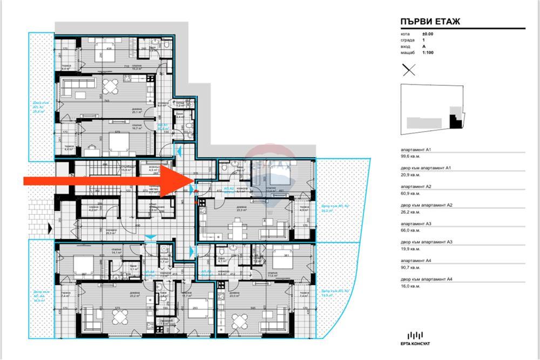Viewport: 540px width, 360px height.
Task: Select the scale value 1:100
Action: pos(428,52)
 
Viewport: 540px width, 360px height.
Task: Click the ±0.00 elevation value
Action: pos(428,34)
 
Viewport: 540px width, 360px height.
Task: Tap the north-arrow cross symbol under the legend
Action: pos(409,70)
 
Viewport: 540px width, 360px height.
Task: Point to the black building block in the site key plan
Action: pos(457,121)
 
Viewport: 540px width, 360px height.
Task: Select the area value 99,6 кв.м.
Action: pos(411,156)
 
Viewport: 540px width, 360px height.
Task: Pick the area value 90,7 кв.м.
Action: pos(411,267)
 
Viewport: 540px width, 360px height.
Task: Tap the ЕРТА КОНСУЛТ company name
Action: pos(415,344)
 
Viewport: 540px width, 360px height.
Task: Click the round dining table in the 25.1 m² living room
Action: pos(110,86)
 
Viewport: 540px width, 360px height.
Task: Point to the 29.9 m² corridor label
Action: pos(111,233)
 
